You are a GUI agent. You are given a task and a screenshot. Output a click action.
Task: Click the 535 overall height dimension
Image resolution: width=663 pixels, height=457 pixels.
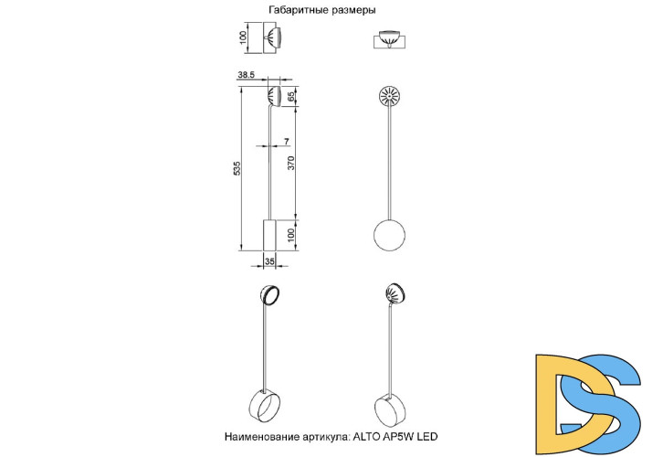[237, 168]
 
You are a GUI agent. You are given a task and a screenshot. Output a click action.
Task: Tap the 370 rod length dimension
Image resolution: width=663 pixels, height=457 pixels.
[291, 163]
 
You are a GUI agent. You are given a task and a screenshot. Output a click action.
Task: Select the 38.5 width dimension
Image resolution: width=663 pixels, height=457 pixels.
[246, 75]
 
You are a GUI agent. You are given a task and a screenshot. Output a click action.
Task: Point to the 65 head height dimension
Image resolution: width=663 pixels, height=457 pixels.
[291, 97]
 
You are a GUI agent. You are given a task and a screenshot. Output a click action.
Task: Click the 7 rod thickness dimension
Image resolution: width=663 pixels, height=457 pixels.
[287, 142]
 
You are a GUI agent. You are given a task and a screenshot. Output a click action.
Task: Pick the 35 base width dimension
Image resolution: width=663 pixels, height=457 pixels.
[269, 261]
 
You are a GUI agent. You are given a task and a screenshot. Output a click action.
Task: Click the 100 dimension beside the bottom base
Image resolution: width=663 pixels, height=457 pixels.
[291, 235]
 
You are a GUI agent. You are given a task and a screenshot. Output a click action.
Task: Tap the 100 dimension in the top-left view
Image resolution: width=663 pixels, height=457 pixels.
[243, 38]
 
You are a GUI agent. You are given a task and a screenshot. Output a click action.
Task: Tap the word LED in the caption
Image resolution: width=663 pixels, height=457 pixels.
[427, 436]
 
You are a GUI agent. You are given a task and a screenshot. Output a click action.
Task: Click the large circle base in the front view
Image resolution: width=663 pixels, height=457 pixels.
[389, 235]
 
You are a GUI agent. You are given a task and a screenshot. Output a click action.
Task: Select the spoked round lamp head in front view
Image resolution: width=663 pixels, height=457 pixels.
[389, 97]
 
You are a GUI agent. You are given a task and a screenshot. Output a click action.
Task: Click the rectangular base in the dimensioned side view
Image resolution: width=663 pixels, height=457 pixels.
[269, 235]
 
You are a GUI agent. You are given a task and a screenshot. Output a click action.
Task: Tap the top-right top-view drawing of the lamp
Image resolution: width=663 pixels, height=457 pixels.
[389, 40]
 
